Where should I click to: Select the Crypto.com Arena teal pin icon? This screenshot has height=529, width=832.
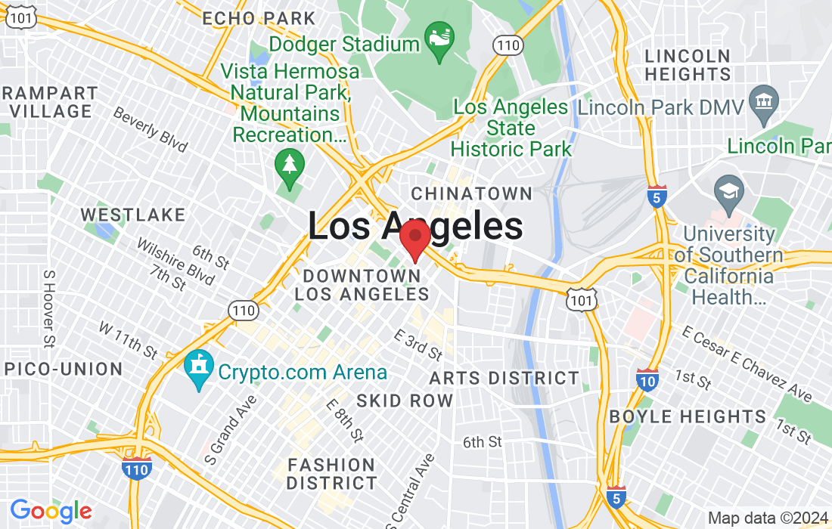pos(199,371)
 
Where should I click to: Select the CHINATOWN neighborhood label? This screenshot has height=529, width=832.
pos(471,193)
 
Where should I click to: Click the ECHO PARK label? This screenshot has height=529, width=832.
pos(259,18)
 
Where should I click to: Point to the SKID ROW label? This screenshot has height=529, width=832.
pos(405,401)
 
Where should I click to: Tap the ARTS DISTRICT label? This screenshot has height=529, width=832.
pos(504,378)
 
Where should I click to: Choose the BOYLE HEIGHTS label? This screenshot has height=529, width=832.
pos(688,416)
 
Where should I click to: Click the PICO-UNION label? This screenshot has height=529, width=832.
pos(63,370)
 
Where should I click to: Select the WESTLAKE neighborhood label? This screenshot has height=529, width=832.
pos(133,215)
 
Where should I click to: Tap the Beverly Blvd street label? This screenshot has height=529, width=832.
pos(150,128)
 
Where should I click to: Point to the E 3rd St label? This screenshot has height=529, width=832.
pos(418,344)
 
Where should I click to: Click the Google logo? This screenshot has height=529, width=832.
pos(51,511)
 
